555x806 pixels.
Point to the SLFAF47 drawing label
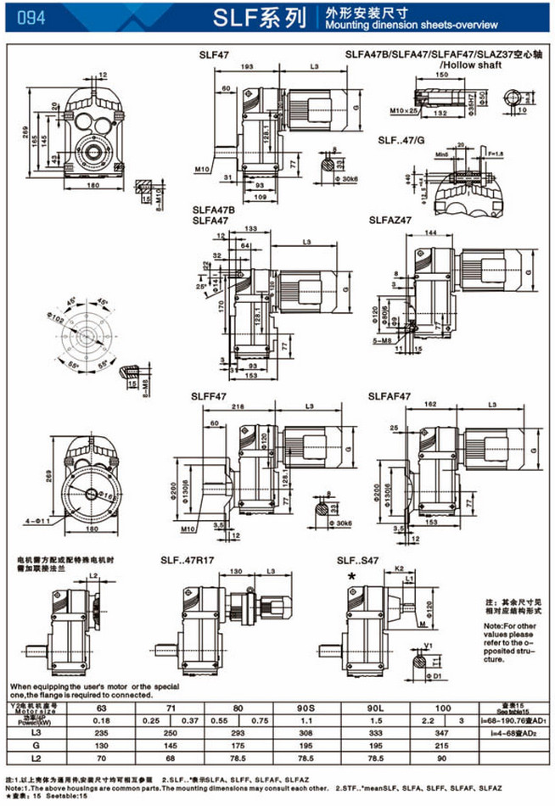390,396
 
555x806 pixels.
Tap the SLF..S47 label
358,561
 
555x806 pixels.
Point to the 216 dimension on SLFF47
238,408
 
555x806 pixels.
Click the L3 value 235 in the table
102,731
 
